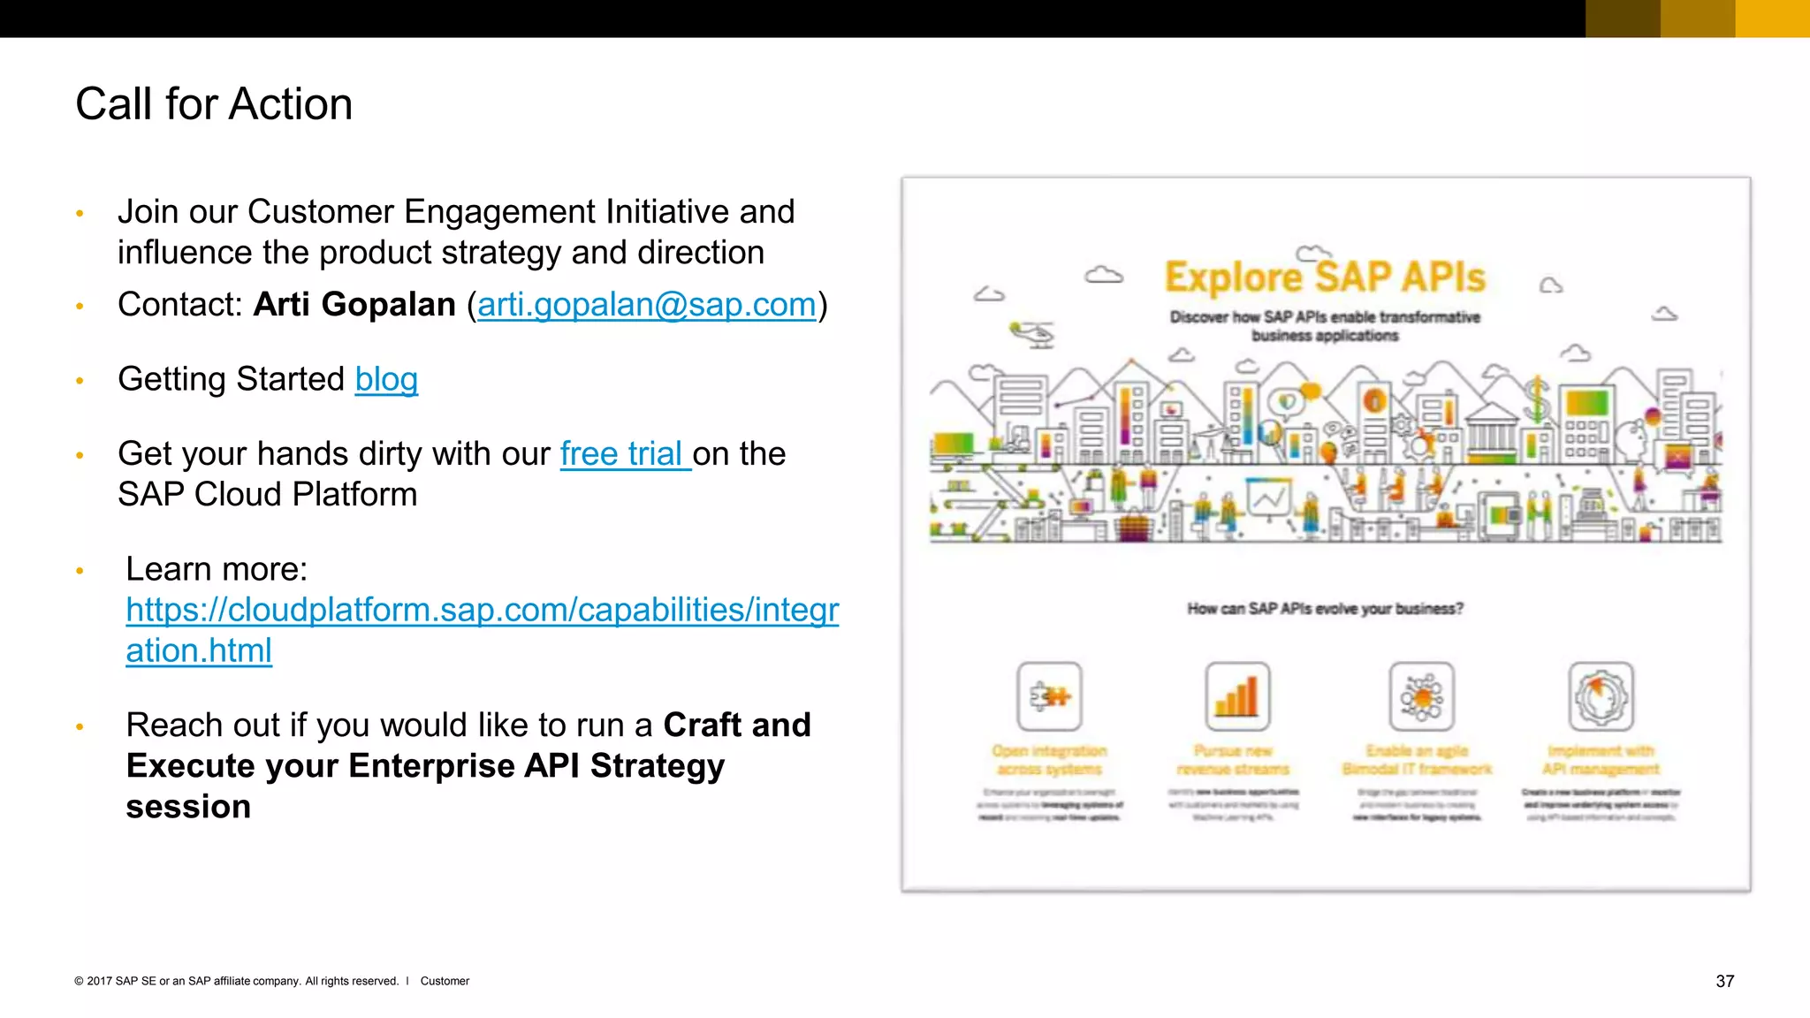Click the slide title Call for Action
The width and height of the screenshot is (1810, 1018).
point(214,104)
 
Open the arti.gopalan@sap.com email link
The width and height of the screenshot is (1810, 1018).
point(646,305)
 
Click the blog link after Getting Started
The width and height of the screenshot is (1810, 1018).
point(386,379)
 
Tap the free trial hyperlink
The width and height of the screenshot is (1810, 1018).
point(624,454)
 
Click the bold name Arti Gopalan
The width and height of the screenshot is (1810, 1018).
point(354,305)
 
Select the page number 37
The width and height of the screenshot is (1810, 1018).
point(1724,981)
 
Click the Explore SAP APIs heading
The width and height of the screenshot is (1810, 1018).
point(1324,277)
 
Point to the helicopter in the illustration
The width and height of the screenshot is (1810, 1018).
point(1032,334)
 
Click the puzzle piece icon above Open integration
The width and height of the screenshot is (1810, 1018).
point(1049,696)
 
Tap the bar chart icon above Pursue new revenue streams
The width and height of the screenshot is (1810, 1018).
point(1237,696)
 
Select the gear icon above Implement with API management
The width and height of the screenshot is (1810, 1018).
point(1601,696)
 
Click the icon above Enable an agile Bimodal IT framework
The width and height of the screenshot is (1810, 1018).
point(1421,696)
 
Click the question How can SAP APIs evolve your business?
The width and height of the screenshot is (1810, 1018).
point(1324,609)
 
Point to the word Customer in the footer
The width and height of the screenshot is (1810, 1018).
point(445,981)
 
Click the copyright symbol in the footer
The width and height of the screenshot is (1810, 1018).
point(79,981)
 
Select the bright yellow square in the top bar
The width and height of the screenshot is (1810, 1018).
point(1772,19)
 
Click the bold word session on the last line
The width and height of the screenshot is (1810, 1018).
point(188,807)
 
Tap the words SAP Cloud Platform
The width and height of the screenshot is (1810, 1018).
point(267,495)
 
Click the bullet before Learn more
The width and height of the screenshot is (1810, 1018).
point(80,572)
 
